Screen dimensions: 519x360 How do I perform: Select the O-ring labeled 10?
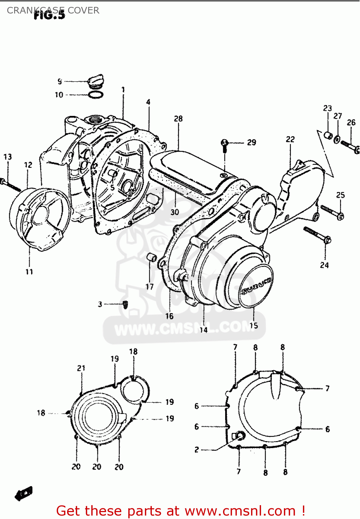pyautogui.click(x=95, y=94)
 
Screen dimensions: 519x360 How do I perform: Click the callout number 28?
pyautogui.click(x=178, y=119)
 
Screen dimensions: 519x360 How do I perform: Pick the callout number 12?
pyautogui.click(x=28, y=165)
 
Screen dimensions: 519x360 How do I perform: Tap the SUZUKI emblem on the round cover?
pyautogui.click(x=256, y=286)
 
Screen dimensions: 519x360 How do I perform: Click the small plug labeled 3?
pyautogui.click(x=126, y=304)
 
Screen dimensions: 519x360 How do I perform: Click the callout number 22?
pyautogui.click(x=290, y=139)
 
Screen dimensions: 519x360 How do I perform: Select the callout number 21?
pyautogui.click(x=81, y=368)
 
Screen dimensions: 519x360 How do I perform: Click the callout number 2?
pyautogui.click(x=196, y=450)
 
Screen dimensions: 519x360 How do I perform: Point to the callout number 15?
pyautogui.click(x=253, y=326)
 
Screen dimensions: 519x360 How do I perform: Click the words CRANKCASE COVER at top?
pyautogui.click(x=53, y=10)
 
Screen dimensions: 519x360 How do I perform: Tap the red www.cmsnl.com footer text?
pyautogui.click(x=181, y=511)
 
